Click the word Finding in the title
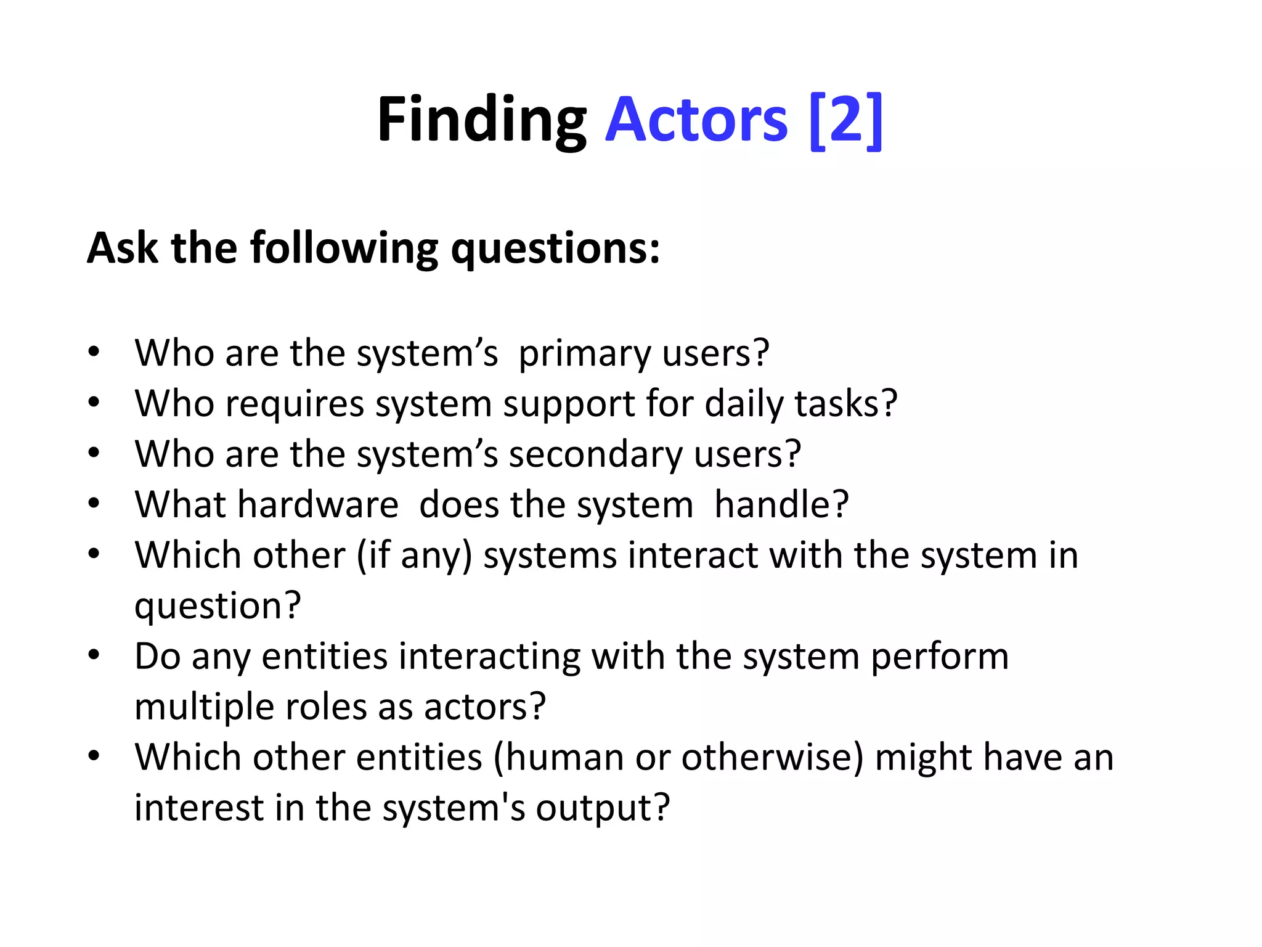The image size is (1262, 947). click(482, 121)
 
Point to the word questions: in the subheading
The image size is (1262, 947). click(555, 249)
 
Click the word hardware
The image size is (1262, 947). click(318, 505)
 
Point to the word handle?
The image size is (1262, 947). click(781, 505)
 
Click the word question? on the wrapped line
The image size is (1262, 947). click(218, 607)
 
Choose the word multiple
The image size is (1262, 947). click(203, 707)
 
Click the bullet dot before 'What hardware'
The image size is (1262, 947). click(94, 504)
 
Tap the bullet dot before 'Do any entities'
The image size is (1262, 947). click(94, 655)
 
